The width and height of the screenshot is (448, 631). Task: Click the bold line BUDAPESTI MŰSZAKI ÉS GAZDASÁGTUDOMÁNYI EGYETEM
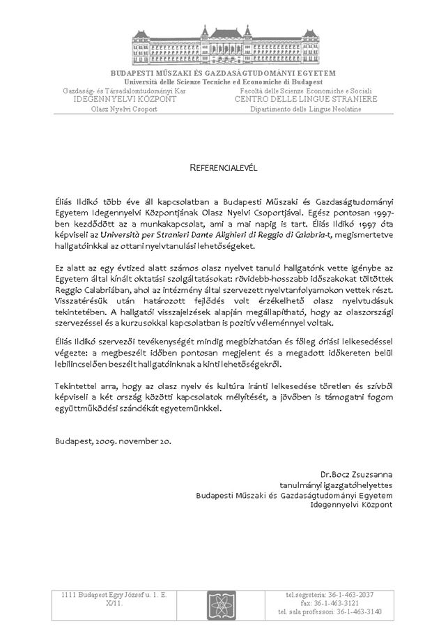click(x=224, y=73)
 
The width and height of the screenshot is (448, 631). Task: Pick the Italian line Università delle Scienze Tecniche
click(x=224, y=82)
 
